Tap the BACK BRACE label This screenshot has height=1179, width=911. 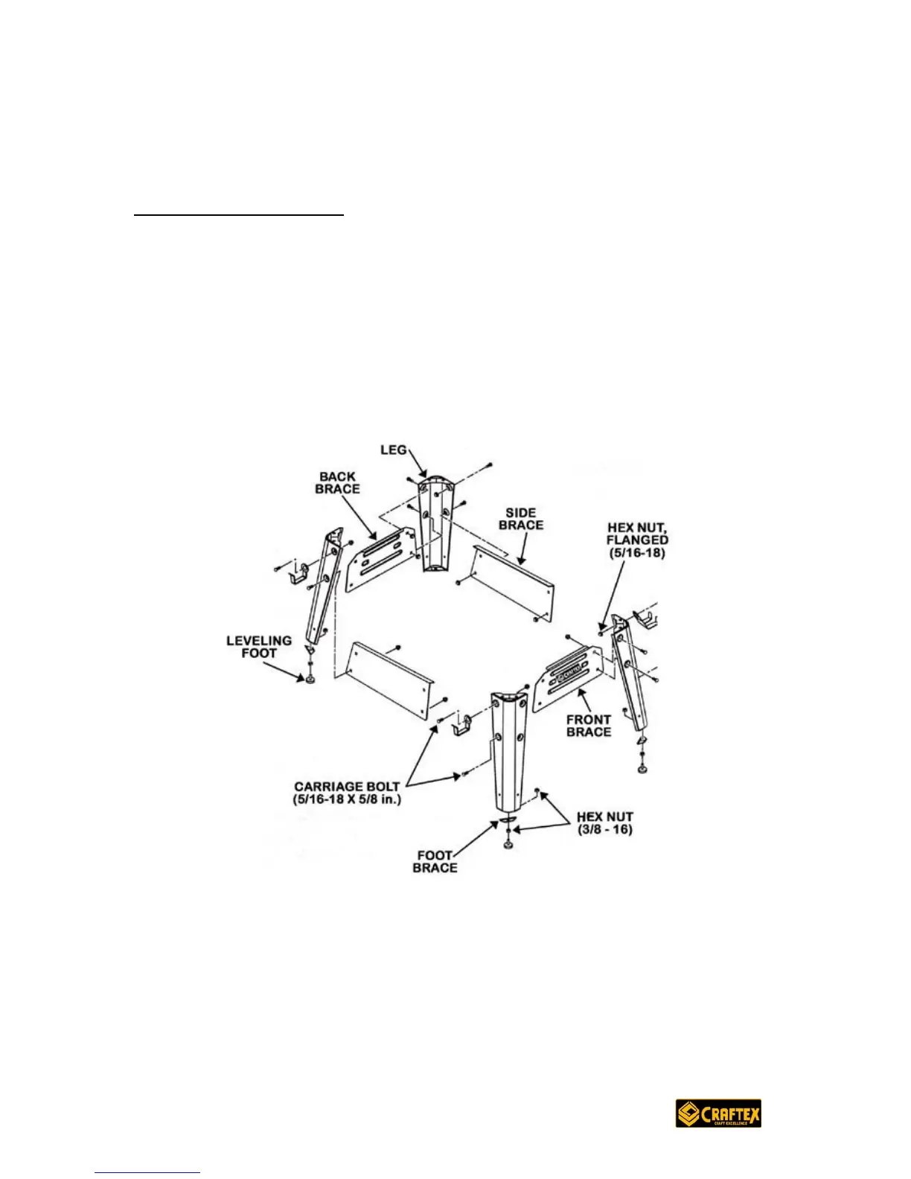(x=337, y=482)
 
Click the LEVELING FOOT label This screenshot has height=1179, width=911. (x=258, y=646)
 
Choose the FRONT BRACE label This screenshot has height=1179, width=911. (x=588, y=725)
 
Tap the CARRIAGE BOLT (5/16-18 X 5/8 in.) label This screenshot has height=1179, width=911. (x=347, y=793)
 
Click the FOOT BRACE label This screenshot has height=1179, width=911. (x=435, y=861)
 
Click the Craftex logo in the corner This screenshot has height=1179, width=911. (x=718, y=1113)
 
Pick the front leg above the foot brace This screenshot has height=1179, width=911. (x=508, y=752)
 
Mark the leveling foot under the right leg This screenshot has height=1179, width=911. (x=642, y=767)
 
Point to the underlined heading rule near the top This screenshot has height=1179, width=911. (x=239, y=216)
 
